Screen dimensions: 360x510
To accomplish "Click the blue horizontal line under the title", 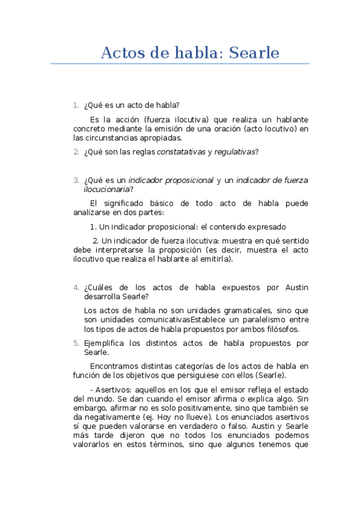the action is pos(180,63).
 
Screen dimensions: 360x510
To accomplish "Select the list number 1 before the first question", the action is pos(76,105).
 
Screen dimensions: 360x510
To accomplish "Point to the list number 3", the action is pos(76,180).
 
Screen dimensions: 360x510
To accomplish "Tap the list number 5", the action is pos(76,343).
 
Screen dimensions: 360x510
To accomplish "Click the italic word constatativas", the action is pos(181,152).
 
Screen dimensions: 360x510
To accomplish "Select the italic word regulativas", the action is pos(234,152).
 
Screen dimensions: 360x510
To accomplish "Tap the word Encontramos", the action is pos(115,366).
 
